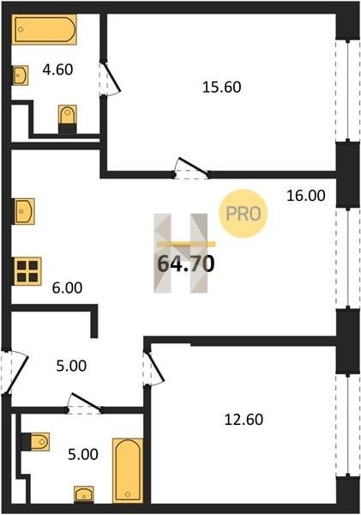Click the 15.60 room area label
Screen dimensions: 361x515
click(222, 87)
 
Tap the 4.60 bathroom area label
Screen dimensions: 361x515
click(57, 70)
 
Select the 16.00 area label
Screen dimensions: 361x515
click(306, 196)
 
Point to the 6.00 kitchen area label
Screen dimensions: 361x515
click(67, 288)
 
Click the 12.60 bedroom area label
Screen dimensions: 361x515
click(244, 420)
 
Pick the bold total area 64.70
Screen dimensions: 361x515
click(186, 264)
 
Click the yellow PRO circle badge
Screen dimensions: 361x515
click(244, 214)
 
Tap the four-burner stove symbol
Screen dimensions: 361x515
click(27, 271)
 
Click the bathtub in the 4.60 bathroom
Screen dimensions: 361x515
click(45, 29)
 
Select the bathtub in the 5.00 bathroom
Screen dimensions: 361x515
click(128, 470)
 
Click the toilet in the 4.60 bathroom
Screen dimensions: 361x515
click(68, 119)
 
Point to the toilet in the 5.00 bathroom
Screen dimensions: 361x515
click(35, 442)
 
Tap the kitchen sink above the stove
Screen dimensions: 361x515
click(24, 211)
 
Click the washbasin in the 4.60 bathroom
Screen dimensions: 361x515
click(20, 76)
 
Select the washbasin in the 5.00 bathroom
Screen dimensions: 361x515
click(84, 494)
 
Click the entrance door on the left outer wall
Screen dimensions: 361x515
click(13, 372)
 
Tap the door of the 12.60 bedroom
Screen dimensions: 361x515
click(153, 368)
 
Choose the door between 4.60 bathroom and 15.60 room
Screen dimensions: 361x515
click(110, 79)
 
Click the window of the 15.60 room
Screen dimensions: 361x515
click(348, 91)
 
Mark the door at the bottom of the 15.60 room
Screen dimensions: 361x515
click(191, 168)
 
